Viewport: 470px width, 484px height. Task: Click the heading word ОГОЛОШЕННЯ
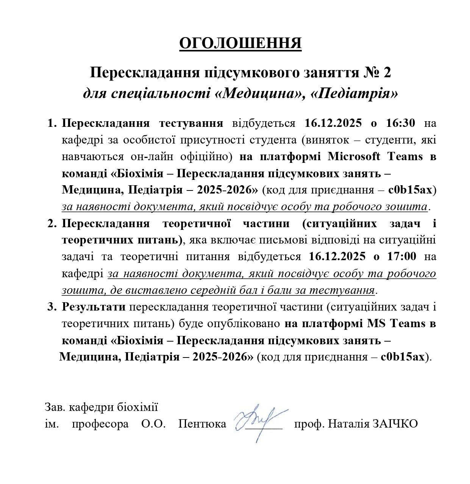pyautogui.click(x=240, y=44)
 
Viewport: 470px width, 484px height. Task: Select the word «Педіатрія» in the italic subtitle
pyautogui.click(x=354, y=93)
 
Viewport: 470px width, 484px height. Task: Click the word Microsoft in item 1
pyautogui.click(x=354, y=156)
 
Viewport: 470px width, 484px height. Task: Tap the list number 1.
pyautogui.click(x=52, y=123)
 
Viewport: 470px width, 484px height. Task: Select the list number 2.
pyautogui.click(x=52, y=223)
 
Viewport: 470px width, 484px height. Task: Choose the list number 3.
pyautogui.click(x=52, y=307)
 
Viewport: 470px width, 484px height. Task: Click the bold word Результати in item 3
pyautogui.click(x=94, y=307)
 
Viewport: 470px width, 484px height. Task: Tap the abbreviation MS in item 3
pyautogui.click(x=376, y=324)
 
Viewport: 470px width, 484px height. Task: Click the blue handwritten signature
pyautogui.click(x=260, y=420)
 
